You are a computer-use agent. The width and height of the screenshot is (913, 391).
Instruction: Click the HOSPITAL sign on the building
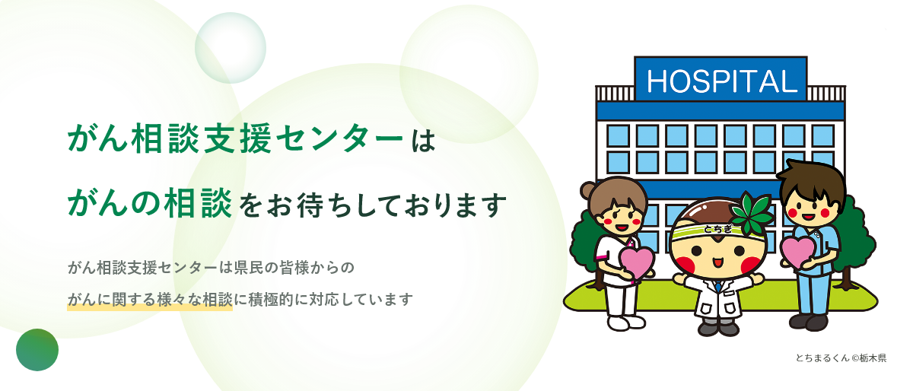[x=720, y=79]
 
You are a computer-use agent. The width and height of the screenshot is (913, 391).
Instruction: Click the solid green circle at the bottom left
[x=37, y=350]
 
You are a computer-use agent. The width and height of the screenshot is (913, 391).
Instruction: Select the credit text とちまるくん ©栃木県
[x=841, y=358]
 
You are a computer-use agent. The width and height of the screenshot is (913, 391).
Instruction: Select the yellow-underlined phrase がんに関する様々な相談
[x=149, y=299]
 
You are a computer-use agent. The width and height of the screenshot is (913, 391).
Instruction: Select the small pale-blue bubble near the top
[x=230, y=47]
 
